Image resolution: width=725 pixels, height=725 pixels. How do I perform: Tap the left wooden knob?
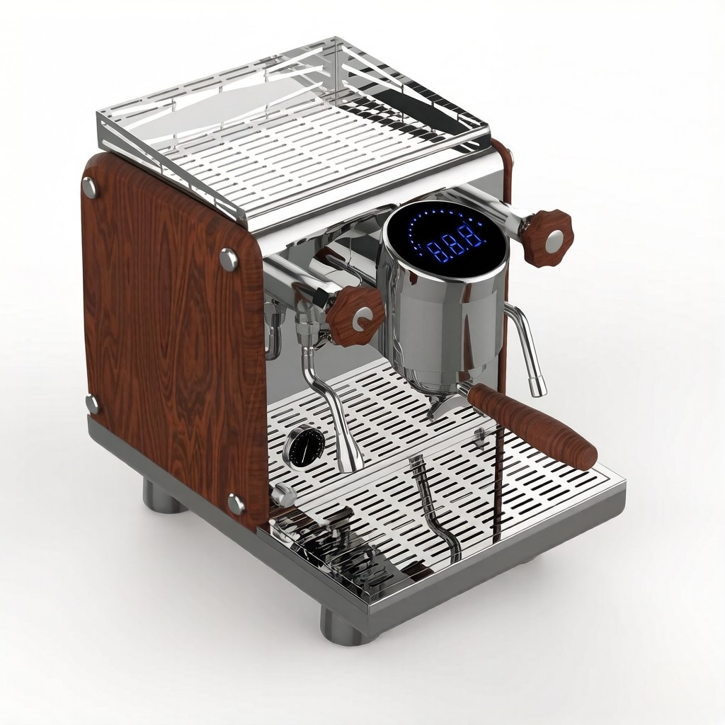(355, 309)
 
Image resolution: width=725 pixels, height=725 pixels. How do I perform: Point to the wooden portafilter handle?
(532, 425)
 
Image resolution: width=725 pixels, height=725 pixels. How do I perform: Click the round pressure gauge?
(304, 446)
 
